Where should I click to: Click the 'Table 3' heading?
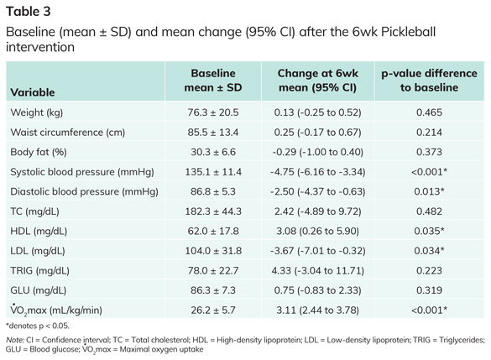[29, 12]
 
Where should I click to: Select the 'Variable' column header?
[33, 92]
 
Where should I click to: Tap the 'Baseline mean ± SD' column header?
[213, 80]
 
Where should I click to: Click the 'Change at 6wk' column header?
[317, 73]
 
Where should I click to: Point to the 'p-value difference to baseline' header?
[429, 80]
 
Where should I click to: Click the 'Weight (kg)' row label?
[37, 112]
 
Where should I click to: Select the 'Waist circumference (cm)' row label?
[68, 132]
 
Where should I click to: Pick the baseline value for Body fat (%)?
[213, 152]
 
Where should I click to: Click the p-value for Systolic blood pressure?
[429, 172]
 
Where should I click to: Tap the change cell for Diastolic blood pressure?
[317, 191]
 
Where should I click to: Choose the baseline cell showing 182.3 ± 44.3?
[213, 211]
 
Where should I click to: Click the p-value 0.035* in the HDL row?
[429, 231]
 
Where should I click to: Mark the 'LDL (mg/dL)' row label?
[38, 251]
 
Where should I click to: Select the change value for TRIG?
[317, 270]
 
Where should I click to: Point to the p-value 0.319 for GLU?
[429, 290]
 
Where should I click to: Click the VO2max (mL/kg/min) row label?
[56, 310]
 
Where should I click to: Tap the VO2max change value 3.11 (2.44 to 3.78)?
[317, 310]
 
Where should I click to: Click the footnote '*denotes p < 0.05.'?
[38, 326]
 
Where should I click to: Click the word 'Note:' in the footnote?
[15, 340]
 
